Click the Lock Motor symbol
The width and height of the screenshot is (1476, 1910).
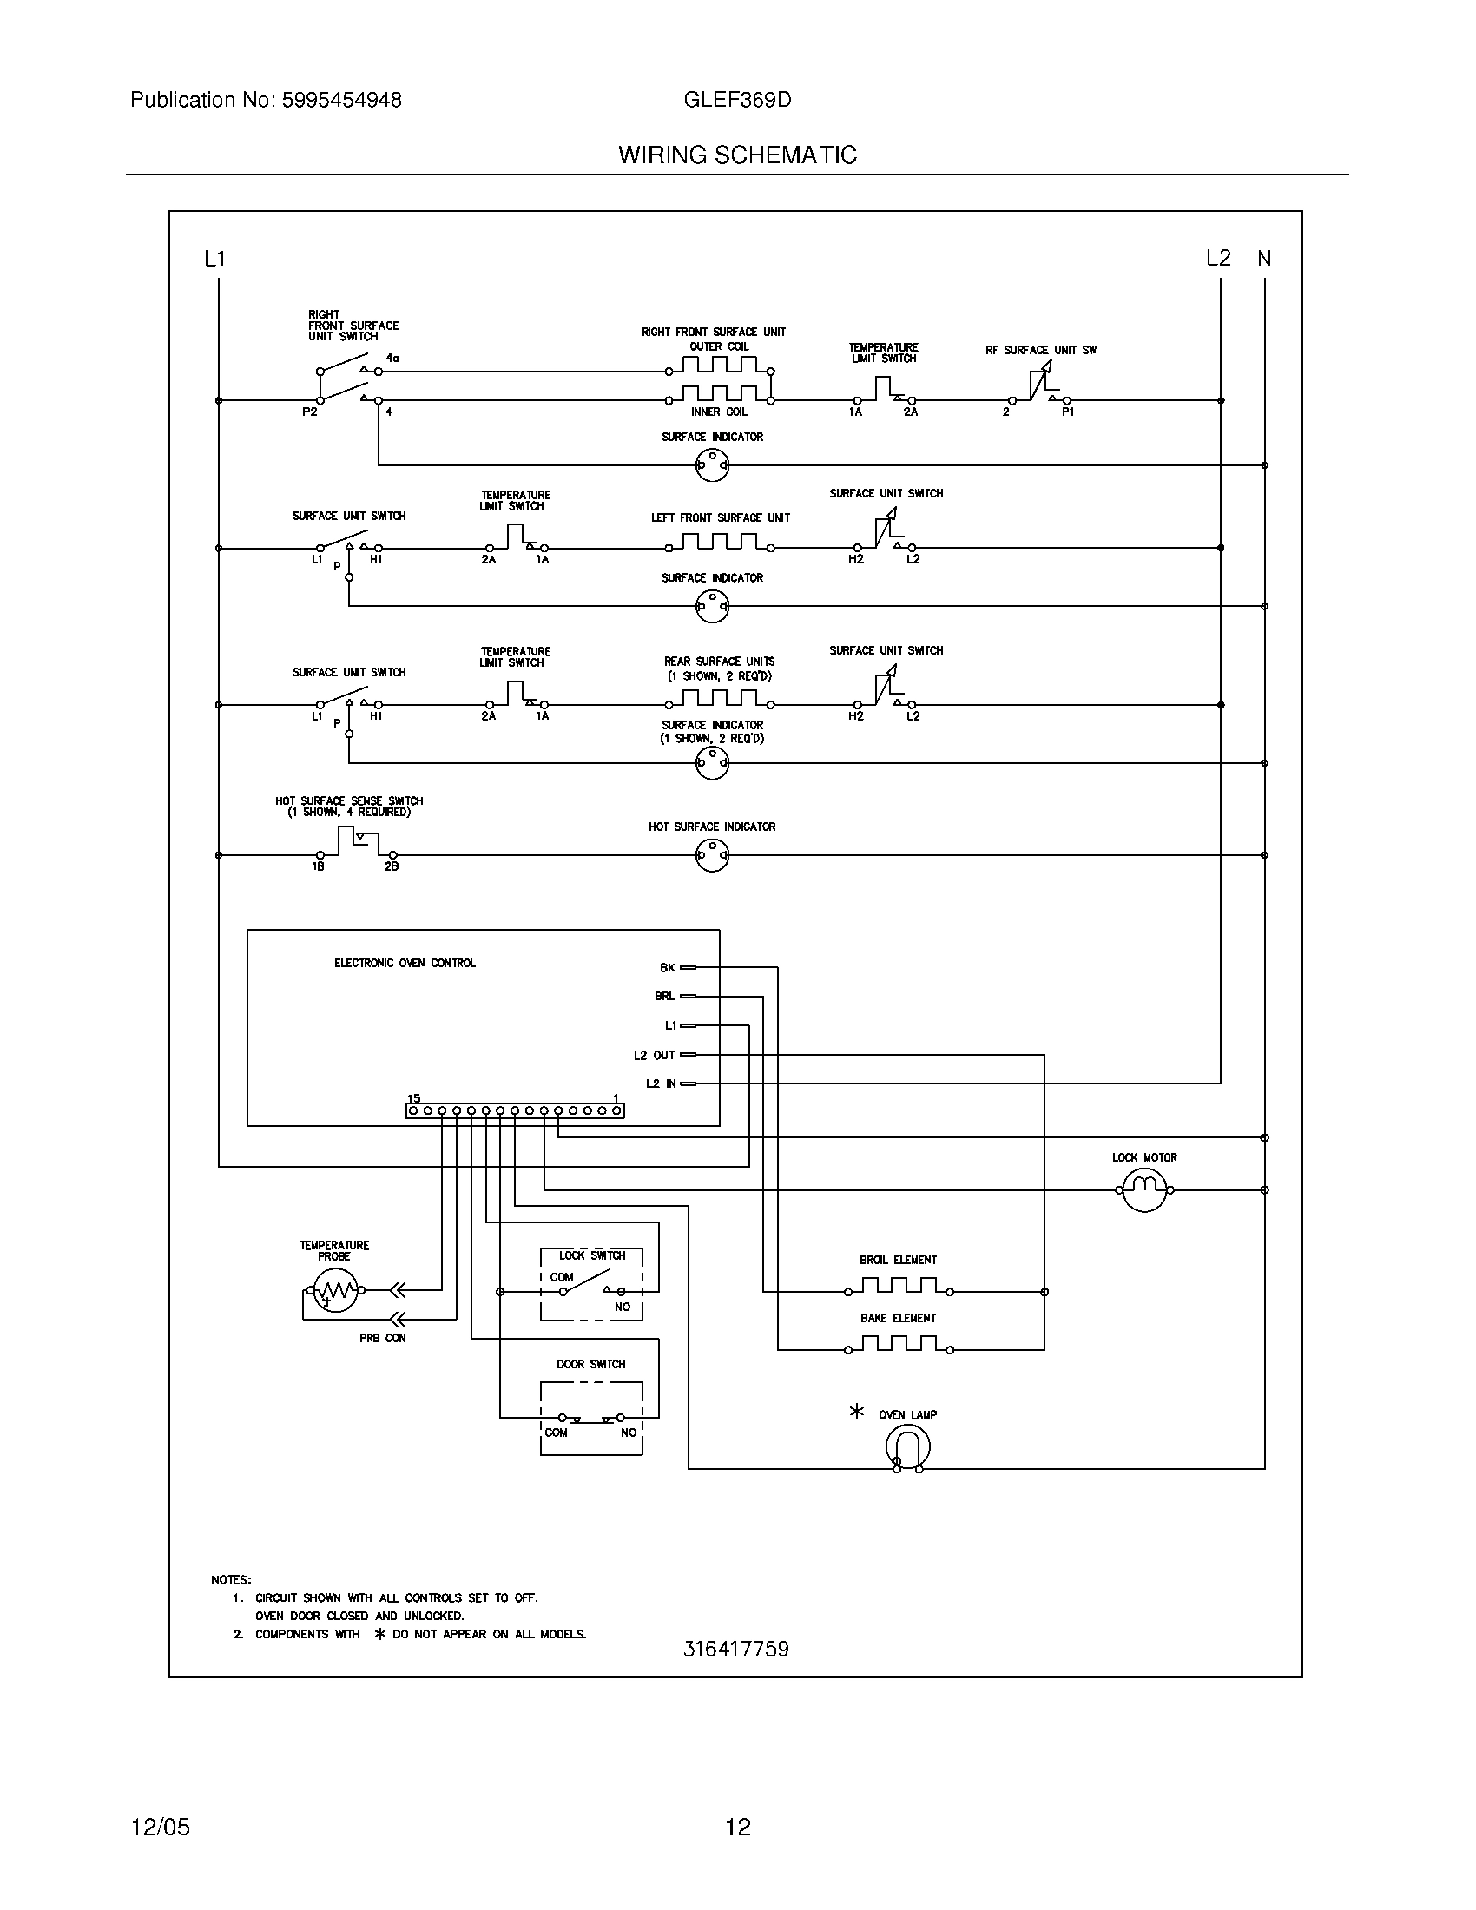click(x=1143, y=1189)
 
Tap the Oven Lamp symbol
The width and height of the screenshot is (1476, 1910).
click(x=906, y=1447)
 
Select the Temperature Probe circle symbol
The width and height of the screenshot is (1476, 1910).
click(x=335, y=1290)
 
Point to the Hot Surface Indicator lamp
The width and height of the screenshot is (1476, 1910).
click(x=712, y=855)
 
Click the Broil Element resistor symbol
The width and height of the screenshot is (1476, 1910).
click(x=898, y=1287)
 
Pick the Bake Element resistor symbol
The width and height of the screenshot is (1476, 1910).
click(x=898, y=1344)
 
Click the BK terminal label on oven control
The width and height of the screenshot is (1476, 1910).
click(x=667, y=968)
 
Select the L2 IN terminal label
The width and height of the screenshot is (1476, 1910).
click(x=661, y=1083)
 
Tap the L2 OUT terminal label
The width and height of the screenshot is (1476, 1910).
click(x=655, y=1055)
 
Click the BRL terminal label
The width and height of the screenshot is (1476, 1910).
click(x=664, y=996)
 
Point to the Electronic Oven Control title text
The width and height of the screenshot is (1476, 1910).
click(x=405, y=963)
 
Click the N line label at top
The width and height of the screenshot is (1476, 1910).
click(x=1264, y=259)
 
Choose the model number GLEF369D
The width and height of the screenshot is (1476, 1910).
click(x=737, y=101)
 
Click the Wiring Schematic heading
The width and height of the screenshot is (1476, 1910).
click(x=737, y=155)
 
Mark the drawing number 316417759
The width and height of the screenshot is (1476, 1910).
click(x=735, y=1650)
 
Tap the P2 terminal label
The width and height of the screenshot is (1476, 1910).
click(x=310, y=412)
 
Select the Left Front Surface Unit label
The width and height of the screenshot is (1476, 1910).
click(x=721, y=517)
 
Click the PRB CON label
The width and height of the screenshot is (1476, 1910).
click(x=382, y=1338)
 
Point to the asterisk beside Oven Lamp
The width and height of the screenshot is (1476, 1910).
click(x=857, y=1412)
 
